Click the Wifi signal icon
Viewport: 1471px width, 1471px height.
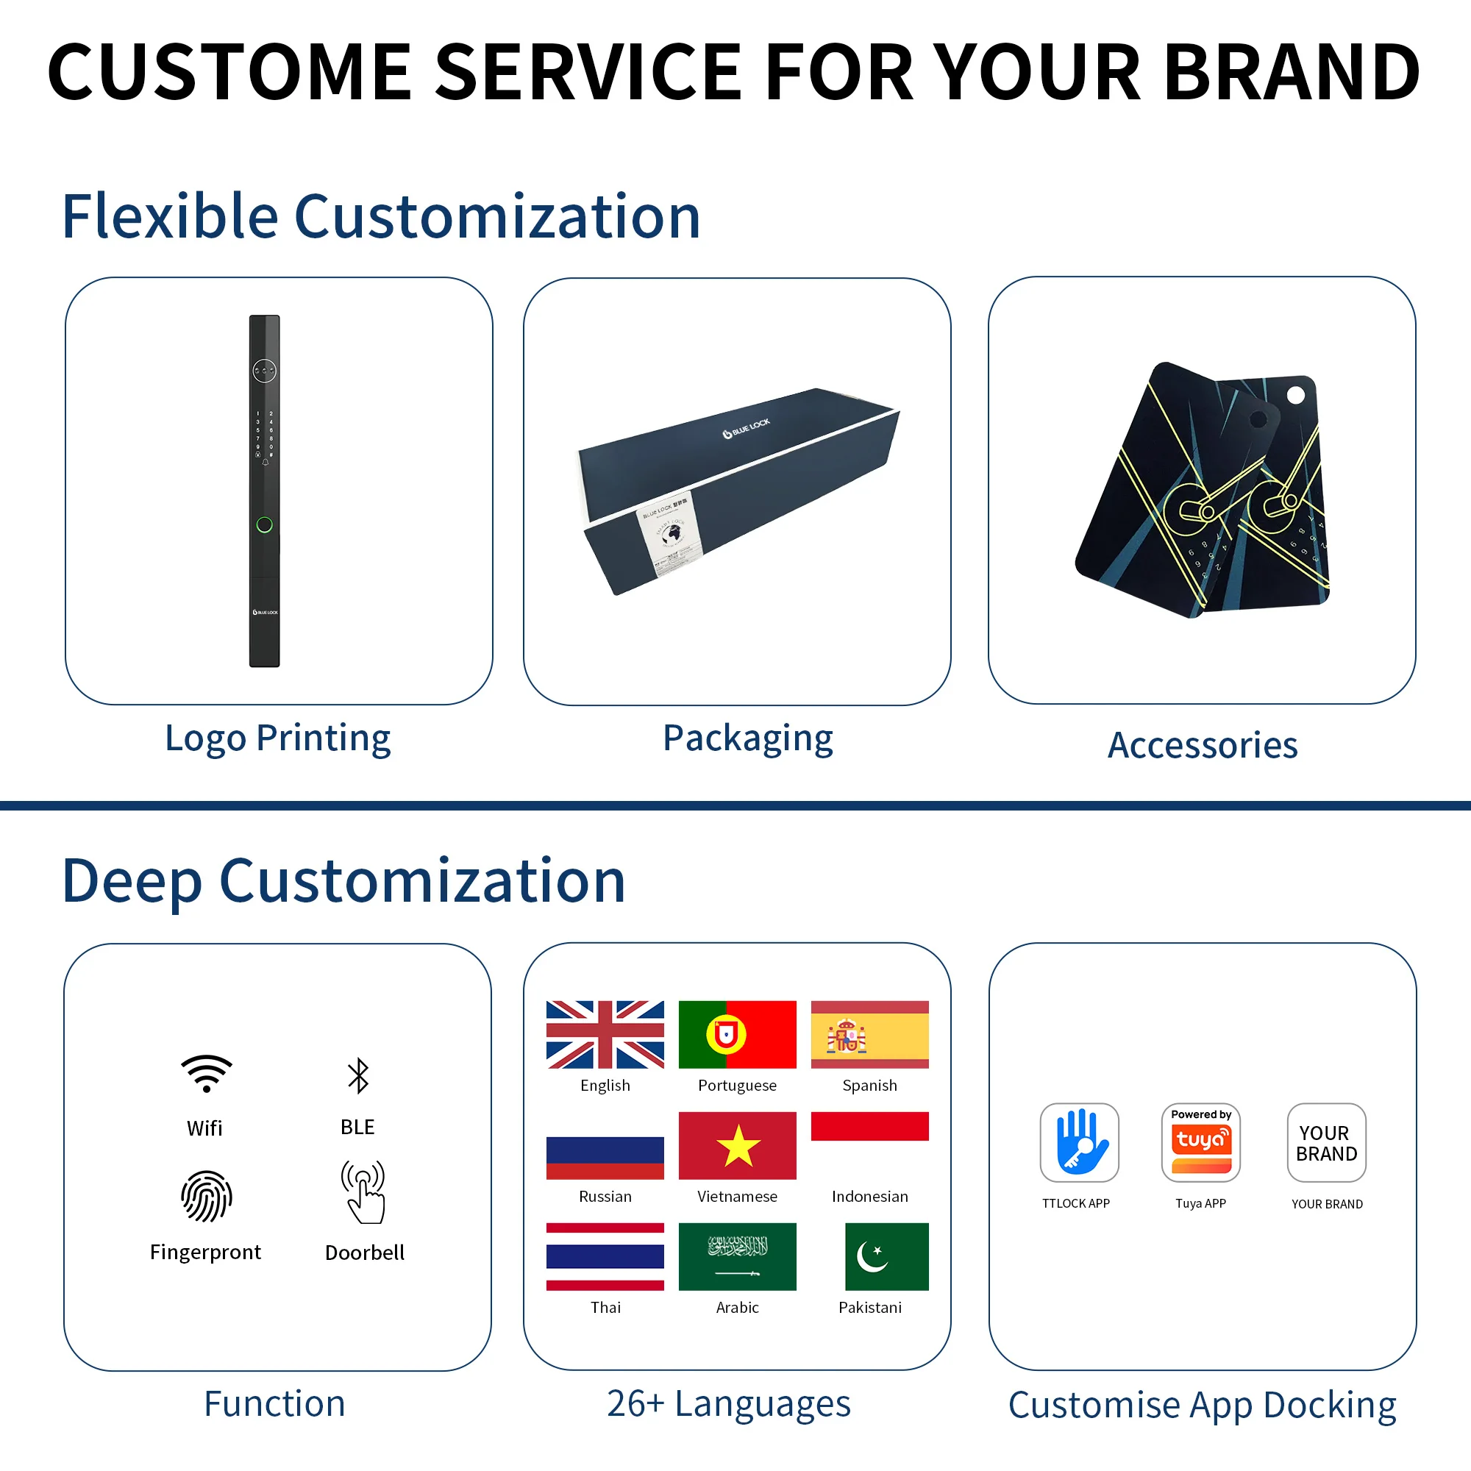click(207, 1074)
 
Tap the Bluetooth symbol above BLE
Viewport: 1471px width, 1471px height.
click(358, 1076)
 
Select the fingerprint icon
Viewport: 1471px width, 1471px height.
click(207, 1196)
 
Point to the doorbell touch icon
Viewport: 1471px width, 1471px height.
click(364, 1192)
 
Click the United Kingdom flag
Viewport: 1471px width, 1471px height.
click(605, 1034)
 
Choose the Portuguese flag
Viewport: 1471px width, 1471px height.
click(737, 1034)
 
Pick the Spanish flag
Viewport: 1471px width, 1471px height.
click(869, 1034)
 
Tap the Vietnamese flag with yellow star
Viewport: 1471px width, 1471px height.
click(737, 1145)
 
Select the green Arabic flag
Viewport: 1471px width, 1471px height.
click(737, 1256)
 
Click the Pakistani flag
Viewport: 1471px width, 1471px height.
click(886, 1256)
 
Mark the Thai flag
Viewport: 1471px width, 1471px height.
click(605, 1256)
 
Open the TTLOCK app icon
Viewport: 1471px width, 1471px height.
click(1079, 1142)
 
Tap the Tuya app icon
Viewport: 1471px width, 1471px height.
click(1201, 1142)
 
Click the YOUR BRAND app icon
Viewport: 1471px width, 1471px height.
click(1326, 1142)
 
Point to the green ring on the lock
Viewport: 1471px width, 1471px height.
click(264, 524)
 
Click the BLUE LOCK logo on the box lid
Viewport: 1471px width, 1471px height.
click(746, 429)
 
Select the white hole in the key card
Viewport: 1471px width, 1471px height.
click(1296, 395)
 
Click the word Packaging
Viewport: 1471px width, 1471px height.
click(748, 738)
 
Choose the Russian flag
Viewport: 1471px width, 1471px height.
click(605, 1156)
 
